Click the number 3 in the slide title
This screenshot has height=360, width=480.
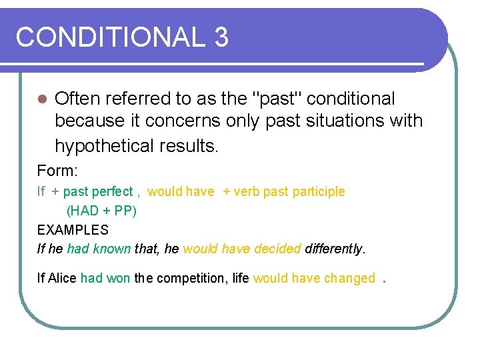(x=221, y=37)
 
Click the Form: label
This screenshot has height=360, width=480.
(x=57, y=170)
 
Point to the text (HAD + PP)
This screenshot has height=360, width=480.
(x=101, y=211)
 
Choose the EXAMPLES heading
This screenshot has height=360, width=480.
(x=73, y=230)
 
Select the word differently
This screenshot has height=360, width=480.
(x=334, y=249)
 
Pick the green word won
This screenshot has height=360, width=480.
(x=118, y=279)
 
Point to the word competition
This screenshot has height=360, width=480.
(x=192, y=279)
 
